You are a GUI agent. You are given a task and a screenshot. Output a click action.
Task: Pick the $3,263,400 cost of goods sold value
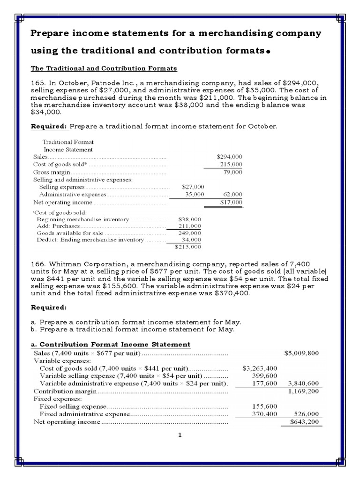pyautogui.click(x=260, y=368)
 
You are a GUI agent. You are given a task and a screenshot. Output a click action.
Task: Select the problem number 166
pyautogui.click(x=37, y=265)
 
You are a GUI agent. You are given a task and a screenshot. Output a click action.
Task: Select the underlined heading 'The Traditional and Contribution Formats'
pyautogui.click(x=104, y=68)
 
